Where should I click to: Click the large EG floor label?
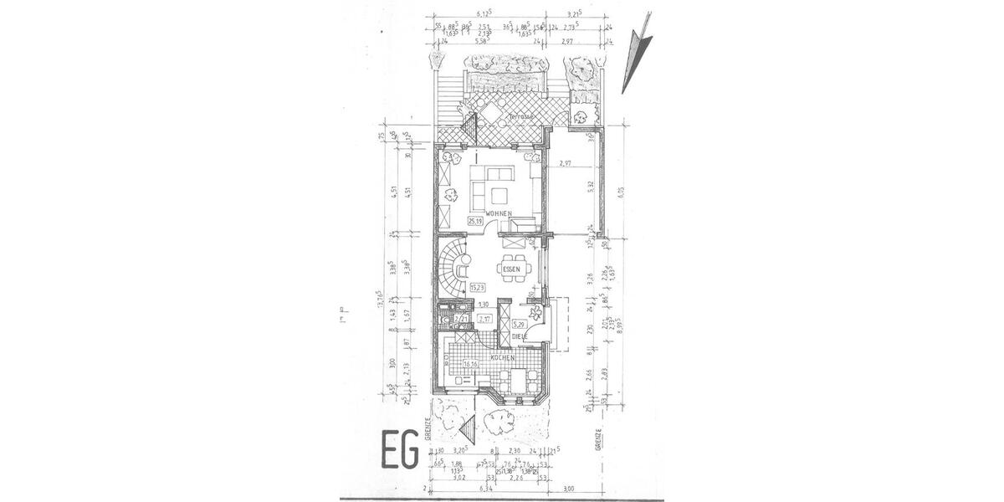click(400, 449)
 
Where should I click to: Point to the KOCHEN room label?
click(502, 357)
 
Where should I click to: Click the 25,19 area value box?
click(475, 221)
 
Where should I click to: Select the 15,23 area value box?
click(479, 288)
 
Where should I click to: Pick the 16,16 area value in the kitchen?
click(470, 364)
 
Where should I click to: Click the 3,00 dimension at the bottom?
click(568, 489)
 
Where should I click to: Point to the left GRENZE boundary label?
click(428, 428)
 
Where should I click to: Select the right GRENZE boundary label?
click(598, 439)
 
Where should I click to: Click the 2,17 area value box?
click(484, 319)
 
